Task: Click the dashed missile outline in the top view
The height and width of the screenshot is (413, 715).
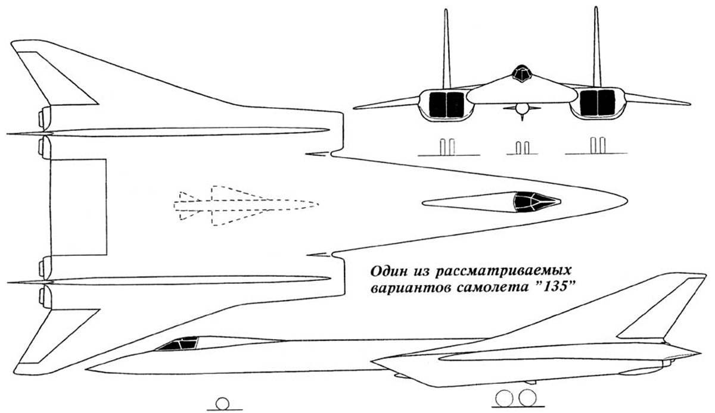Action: tap(246, 205)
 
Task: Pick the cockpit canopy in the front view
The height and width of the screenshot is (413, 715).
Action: tap(522, 74)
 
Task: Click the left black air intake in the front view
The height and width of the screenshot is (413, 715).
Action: tap(446, 104)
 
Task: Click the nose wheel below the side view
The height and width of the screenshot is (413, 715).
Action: tap(222, 403)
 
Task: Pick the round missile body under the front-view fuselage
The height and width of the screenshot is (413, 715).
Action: tap(522, 108)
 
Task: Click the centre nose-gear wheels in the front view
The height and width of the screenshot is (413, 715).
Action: tap(522, 148)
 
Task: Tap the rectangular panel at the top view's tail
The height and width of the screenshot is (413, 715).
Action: tap(79, 207)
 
